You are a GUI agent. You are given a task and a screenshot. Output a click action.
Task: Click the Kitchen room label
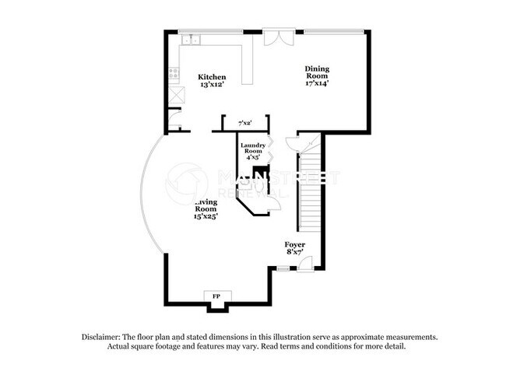[x=212, y=77]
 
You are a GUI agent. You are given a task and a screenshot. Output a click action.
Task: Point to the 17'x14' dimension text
[x=317, y=83]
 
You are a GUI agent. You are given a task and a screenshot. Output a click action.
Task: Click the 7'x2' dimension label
[x=245, y=123]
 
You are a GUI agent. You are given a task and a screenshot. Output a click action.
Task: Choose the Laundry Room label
[x=253, y=149]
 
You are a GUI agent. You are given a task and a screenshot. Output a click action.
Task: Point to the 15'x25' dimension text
[x=206, y=216]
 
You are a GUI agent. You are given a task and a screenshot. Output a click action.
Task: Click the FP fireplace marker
[x=215, y=297]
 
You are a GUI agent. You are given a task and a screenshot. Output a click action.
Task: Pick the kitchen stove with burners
[x=174, y=75]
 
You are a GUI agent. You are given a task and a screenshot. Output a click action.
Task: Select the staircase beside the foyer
[x=310, y=187]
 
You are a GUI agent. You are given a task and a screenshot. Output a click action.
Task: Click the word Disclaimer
[x=103, y=338]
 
